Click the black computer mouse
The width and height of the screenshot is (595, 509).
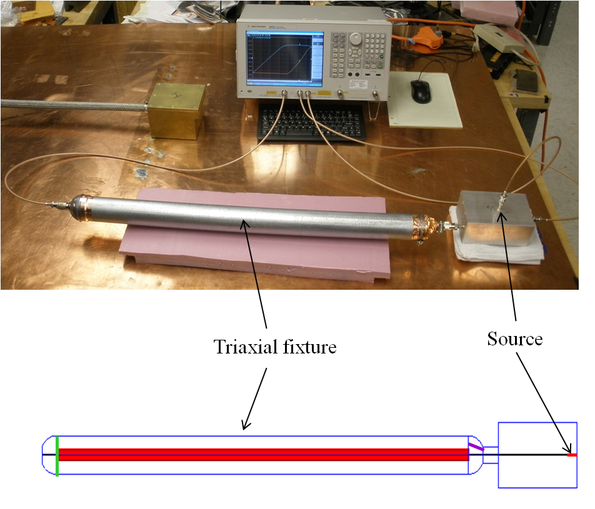coord(421,91)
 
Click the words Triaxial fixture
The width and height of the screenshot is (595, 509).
coord(275,346)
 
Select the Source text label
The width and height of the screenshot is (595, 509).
coord(514,339)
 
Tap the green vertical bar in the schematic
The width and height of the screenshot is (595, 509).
coord(57,456)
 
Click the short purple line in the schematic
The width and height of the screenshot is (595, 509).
coord(476,447)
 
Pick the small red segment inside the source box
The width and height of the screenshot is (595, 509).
coord(571,455)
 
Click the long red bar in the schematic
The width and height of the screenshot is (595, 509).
coord(262,454)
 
